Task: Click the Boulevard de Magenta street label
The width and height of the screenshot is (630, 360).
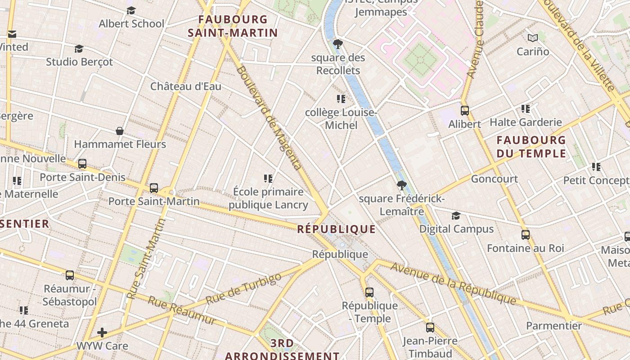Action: (269, 118)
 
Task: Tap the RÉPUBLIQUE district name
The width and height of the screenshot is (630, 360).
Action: (336, 229)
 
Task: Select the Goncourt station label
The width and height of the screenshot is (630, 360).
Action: (494, 179)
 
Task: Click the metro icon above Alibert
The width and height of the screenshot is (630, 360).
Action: (465, 111)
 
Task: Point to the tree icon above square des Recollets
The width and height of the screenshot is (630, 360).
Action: (337, 44)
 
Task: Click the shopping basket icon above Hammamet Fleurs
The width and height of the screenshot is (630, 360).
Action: (120, 131)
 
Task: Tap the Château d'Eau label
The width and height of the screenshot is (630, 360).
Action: (185, 86)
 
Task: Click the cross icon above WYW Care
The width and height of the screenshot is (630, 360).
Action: (102, 333)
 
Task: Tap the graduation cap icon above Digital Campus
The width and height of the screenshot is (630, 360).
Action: (456, 216)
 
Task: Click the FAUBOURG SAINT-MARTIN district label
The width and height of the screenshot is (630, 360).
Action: (233, 26)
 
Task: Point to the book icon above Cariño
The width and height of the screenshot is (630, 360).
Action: (533, 38)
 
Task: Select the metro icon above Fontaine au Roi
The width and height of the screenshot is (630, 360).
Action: (525, 235)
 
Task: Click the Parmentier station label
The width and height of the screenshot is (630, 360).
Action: (554, 325)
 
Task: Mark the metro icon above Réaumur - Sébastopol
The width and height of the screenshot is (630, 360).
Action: (70, 275)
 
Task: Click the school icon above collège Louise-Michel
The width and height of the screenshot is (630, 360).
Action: (341, 99)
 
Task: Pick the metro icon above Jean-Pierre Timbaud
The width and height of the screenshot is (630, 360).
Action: (430, 328)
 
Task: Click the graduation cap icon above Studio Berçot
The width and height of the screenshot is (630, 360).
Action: (79, 49)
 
